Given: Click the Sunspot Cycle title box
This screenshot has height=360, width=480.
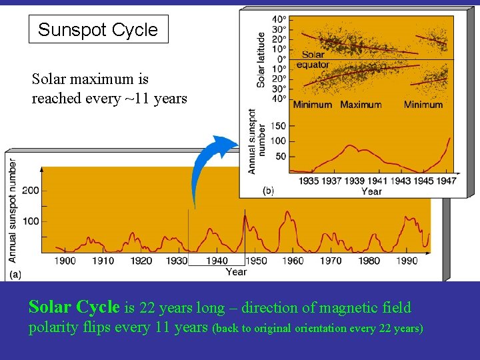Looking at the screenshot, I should tap(98, 29).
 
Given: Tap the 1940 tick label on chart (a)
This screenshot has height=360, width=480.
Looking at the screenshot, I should tap(217, 261).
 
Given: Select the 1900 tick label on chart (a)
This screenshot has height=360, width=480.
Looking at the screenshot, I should tap(65, 261).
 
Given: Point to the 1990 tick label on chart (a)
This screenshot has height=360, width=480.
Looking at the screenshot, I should tap(406, 261).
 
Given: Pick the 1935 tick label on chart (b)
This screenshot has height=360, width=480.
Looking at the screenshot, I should tap(309, 181).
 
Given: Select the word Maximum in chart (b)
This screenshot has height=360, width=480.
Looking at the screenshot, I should tap(361, 105).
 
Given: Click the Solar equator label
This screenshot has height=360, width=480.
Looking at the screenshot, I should tap(313, 60).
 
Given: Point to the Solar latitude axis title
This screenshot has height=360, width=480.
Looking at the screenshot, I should tap(261, 60).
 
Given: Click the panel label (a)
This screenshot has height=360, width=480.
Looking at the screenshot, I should tap(15, 274).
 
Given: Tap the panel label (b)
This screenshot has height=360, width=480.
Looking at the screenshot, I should tap(268, 191).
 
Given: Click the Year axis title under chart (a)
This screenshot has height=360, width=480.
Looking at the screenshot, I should tap(236, 271).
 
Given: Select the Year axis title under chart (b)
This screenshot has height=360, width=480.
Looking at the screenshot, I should tap(371, 191).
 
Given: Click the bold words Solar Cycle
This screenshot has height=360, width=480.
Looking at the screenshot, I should tap(74, 307).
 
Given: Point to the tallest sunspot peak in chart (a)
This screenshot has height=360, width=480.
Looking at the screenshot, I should tap(245, 213).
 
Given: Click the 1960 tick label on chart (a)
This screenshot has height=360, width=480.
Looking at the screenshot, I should tap(293, 261).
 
